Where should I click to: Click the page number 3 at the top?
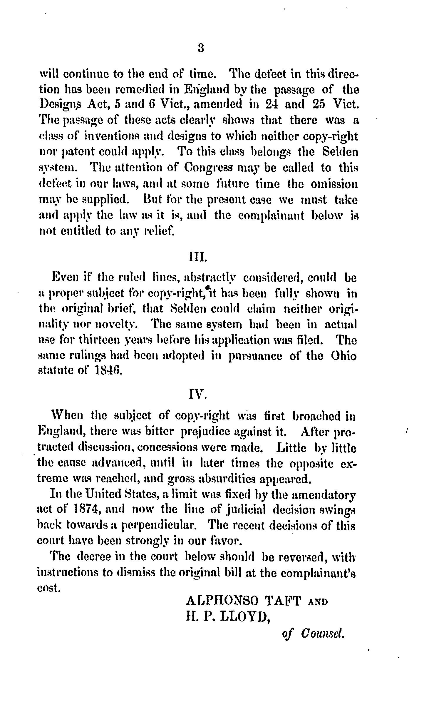coord(201,48)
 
